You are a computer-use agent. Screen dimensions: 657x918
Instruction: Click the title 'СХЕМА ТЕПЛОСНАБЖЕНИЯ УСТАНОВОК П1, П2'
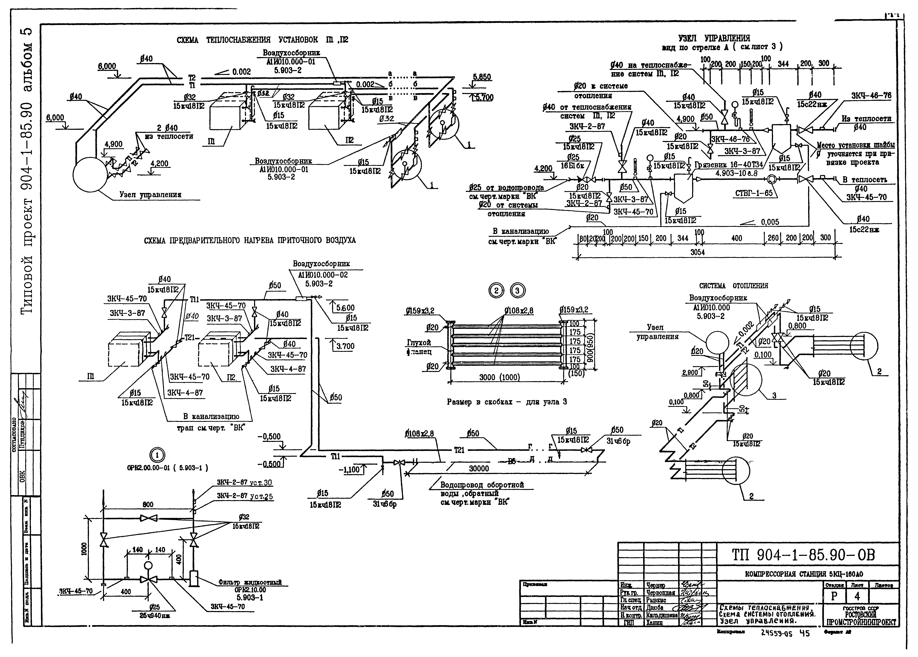point(262,40)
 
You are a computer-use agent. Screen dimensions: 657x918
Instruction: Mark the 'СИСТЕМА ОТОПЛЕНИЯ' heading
point(734,286)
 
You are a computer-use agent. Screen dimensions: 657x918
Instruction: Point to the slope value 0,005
point(770,222)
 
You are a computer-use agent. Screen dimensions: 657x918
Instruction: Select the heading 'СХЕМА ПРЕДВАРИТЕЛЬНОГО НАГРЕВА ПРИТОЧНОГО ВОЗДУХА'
point(250,240)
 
